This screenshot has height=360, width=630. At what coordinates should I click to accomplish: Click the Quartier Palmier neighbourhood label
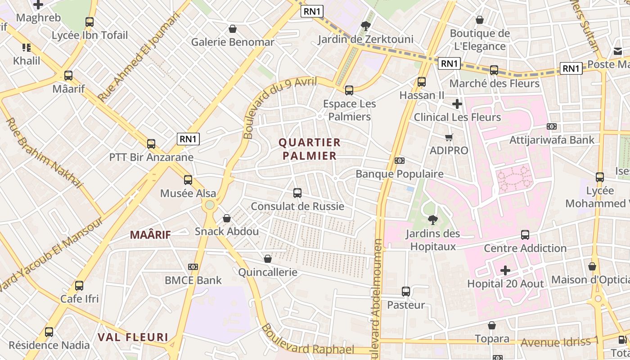coord(310,149)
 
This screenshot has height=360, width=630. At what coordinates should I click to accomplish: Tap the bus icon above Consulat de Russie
coord(297,193)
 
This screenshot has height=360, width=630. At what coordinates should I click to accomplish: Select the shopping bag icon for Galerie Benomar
coord(233,29)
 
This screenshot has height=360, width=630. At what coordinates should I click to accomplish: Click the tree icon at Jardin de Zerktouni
coord(365,26)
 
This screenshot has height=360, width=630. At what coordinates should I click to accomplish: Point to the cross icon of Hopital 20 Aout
coord(505,270)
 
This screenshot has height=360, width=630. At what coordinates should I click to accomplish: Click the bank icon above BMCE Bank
coord(193,267)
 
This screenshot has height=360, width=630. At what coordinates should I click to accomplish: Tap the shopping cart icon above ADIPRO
coord(449,137)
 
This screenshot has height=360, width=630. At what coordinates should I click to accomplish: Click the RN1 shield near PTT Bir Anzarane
coord(188,139)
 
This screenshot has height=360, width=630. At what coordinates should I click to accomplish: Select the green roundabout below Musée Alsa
coord(209,205)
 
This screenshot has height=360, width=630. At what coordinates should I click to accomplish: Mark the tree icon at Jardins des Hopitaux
coord(432,220)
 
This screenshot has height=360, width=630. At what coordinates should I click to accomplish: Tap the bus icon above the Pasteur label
coord(406,292)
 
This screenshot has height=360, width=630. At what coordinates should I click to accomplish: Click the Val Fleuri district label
coord(133,337)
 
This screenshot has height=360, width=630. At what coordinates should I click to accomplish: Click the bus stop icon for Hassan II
coord(421,82)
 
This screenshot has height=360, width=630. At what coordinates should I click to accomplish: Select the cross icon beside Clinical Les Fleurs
coord(457,104)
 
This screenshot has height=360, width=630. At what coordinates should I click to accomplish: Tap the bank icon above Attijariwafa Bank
coord(552,126)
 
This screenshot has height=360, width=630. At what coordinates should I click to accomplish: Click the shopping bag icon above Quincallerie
coord(268,259)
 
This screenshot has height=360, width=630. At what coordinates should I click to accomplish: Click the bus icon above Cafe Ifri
coord(79,285)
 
